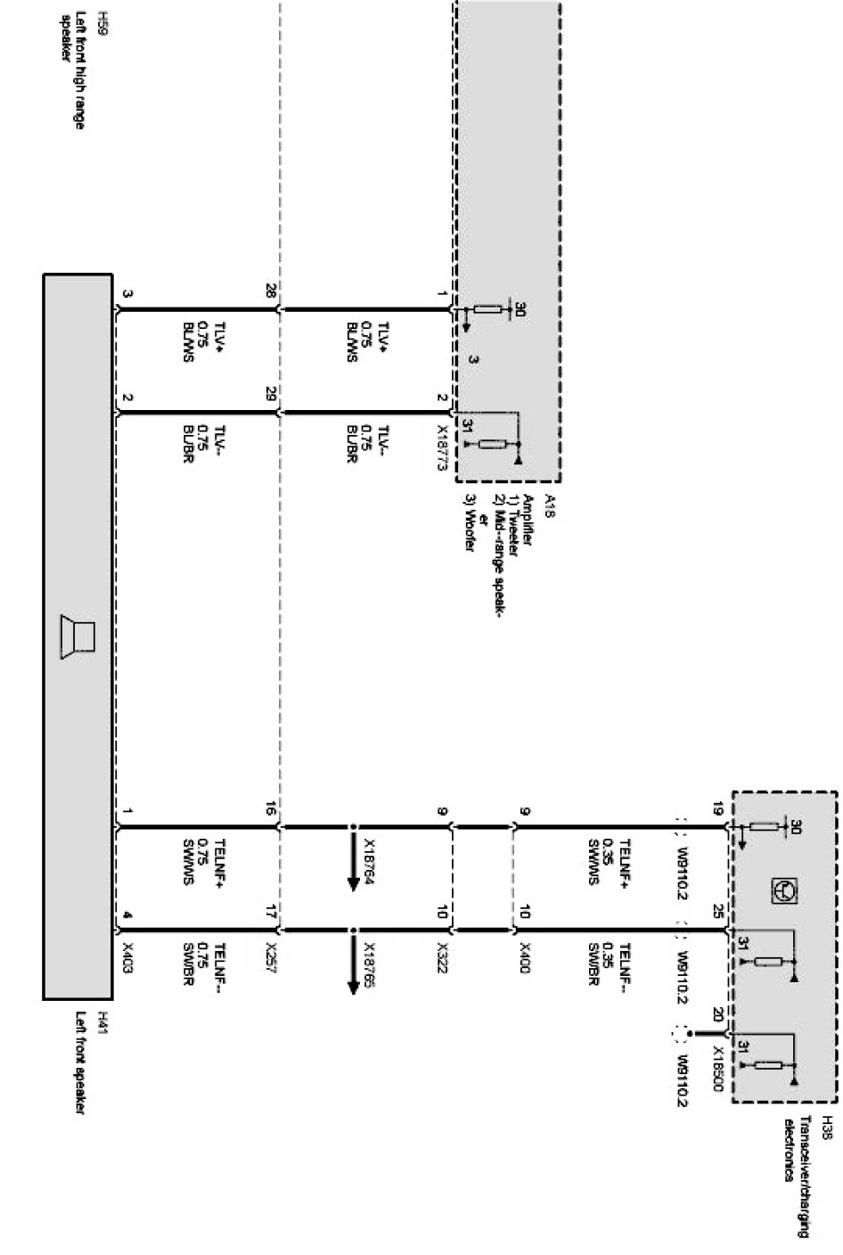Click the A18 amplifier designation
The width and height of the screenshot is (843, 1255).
point(551,502)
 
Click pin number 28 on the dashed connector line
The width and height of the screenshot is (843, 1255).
point(270,291)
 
